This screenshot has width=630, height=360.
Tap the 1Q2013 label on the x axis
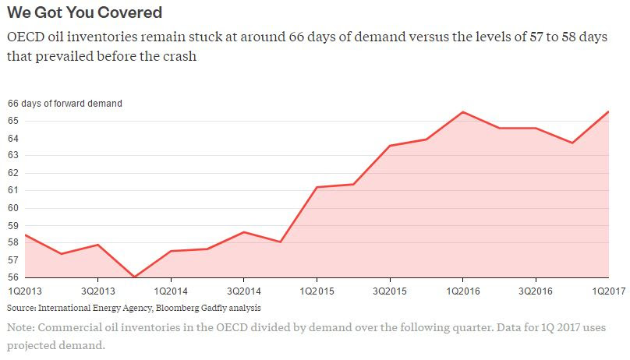[x=23, y=291]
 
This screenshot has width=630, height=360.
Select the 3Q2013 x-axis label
[x=97, y=291]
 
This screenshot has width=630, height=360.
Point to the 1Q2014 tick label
[x=170, y=291]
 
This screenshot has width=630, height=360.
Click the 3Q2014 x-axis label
[x=243, y=291]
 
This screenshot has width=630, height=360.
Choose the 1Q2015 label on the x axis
[x=317, y=291]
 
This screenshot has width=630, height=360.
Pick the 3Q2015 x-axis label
[x=389, y=291]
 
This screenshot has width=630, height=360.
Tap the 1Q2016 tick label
[x=462, y=291]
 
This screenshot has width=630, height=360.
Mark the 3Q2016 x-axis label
[x=536, y=291]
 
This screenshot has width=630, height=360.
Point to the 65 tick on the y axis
[x=13, y=121]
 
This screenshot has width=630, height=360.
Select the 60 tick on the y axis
[x=13, y=207]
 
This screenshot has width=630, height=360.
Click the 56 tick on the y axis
[x=13, y=277]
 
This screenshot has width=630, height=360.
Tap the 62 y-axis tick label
[x=13, y=173]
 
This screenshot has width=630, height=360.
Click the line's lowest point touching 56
[x=134, y=277]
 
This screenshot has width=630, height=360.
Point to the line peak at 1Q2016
[x=463, y=112]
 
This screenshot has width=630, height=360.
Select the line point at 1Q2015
[x=317, y=187]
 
